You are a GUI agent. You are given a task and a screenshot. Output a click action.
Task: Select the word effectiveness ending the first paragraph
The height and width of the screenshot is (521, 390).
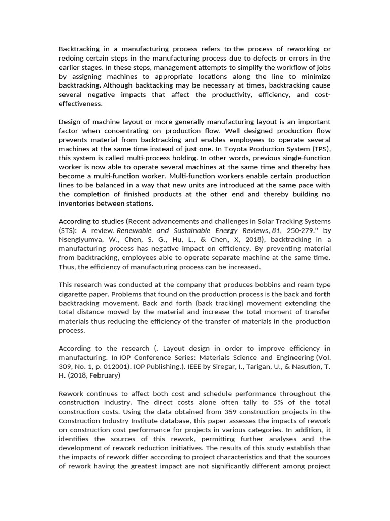pos(80,104)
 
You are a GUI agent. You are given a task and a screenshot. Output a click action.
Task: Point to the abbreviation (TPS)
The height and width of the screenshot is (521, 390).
pos(317,149)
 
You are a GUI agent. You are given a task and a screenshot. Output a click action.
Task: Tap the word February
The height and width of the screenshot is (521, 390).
pos(104,375)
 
